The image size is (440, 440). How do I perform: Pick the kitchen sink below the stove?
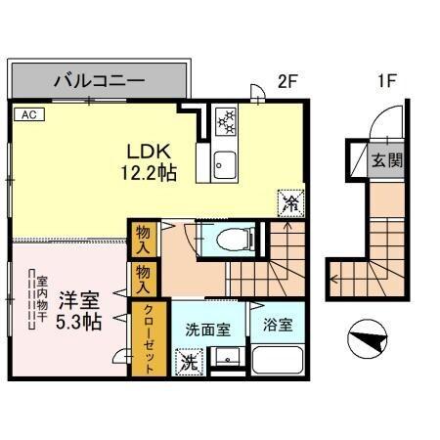(222, 160)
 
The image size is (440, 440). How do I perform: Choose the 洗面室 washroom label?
(207, 330)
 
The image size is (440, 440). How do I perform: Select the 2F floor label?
(286, 82)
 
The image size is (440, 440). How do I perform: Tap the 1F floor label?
(384, 82)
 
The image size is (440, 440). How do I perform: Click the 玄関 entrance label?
(384, 160)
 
